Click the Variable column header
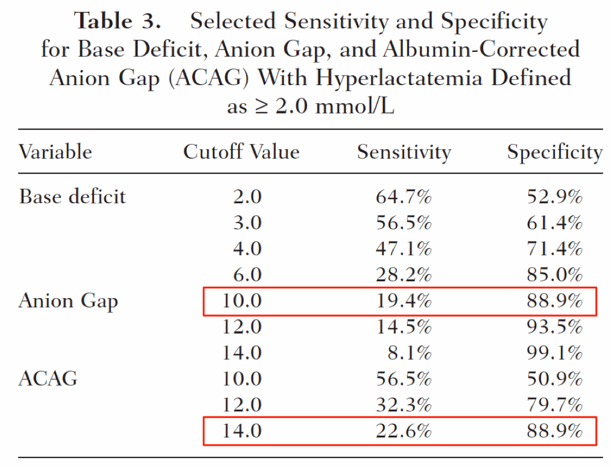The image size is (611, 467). click(x=55, y=151)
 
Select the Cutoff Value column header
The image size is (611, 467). click(x=242, y=151)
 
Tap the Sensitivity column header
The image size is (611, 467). click(x=404, y=153)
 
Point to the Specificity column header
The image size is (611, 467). click(x=555, y=153)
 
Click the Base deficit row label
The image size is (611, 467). click(x=72, y=196)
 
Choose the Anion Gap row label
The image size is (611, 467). click(x=68, y=301)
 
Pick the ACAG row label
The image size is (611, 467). click(x=48, y=378)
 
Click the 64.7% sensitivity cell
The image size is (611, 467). click(x=404, y=197)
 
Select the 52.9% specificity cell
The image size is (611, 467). click(x=554, y=197)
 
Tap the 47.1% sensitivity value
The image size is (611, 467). click(x=404, y=249)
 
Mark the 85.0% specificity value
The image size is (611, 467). click(x=554, y=275)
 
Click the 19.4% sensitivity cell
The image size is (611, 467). click(x=404, y=300)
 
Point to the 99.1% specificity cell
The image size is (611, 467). click(x=554, y=353)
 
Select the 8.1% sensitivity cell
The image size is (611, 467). click(x=410, y=353)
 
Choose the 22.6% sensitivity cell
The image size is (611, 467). click(x=404, y=431)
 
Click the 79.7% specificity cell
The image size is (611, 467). click(x=554, y=405)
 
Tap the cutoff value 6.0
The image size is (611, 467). click(x=247, y=275)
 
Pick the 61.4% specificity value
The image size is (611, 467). click(x=554, y=223)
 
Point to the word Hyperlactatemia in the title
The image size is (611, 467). click(x=399, y=78)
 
